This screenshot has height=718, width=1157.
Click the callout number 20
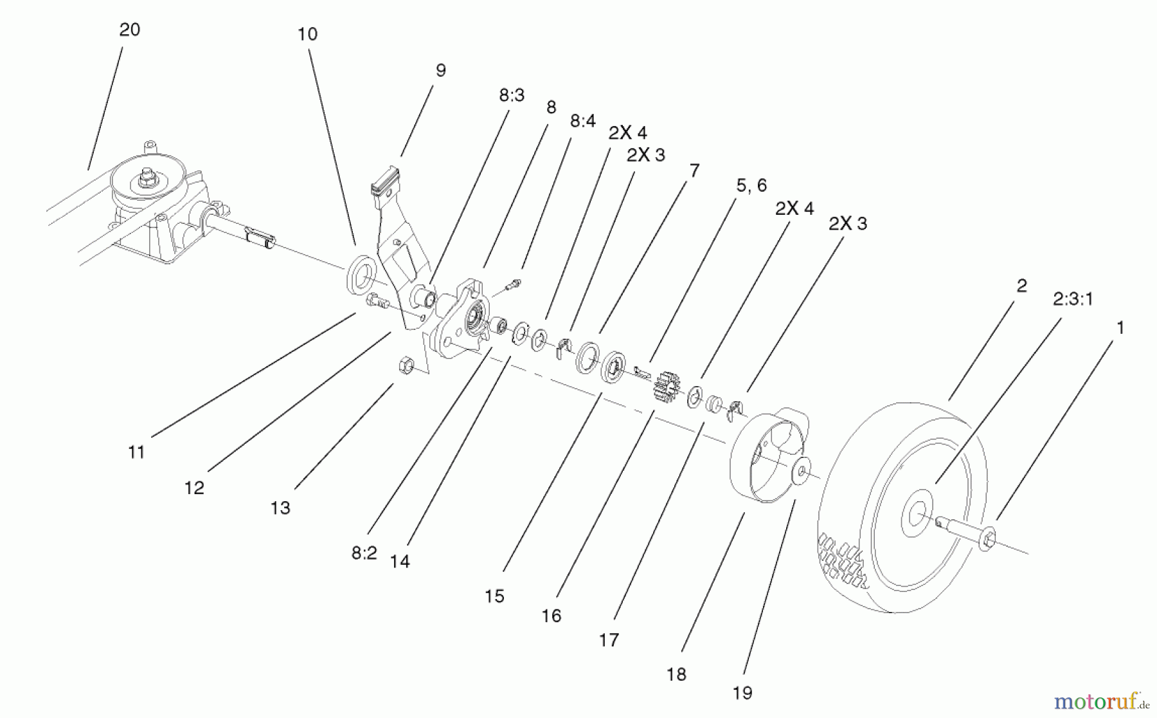(x=130, y=30)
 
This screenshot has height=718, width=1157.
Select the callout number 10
(x=307, y=34)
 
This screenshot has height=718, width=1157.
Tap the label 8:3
(x=512, y=95)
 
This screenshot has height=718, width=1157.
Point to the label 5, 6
(x=751, y=185)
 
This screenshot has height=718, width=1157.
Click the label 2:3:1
(x=1073, y=299)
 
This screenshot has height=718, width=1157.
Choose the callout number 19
(x=742, y=693)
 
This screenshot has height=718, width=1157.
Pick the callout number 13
(x=280, y=508)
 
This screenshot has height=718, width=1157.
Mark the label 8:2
(x=364, y=553)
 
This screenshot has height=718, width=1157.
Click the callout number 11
(x=136, y=452)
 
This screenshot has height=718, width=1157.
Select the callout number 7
(x=694, y=170)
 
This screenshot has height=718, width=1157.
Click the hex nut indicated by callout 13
(x=406, y=366)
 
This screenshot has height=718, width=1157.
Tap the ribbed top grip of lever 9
(x=385, y=181)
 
